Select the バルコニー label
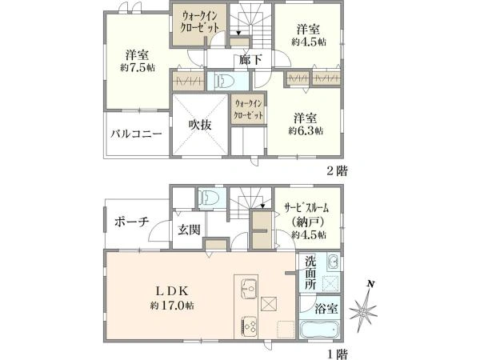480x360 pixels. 138,134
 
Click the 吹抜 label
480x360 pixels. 200,125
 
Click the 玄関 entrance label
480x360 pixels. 189,230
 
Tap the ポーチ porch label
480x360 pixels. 131,222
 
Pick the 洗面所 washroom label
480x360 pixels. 310,272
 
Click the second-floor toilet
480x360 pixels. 222,81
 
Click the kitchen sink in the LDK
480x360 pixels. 246,286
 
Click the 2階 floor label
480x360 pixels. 335,170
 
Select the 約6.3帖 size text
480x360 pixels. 308,130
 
